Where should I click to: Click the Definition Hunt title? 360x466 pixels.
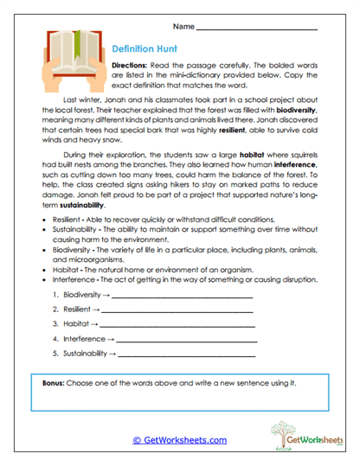(x=145, y=50)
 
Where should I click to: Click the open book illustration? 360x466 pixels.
(x=68, y=60)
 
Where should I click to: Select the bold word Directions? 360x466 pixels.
(x=133, y=66)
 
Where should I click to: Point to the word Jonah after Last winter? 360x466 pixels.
(x=120, y=101)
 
